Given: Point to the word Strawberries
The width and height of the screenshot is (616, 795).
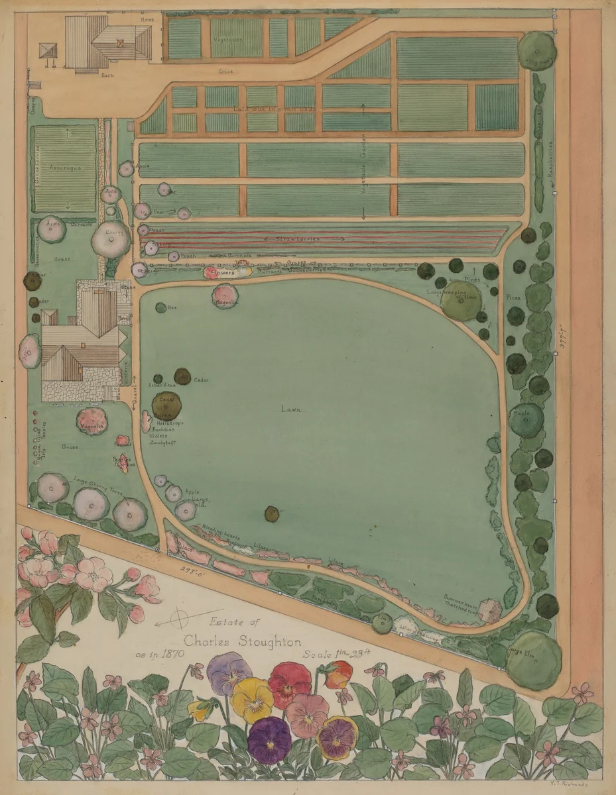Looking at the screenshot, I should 298,238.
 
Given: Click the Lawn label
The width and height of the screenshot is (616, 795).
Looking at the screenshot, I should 290,409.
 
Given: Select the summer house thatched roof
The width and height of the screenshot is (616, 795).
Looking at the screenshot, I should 490,610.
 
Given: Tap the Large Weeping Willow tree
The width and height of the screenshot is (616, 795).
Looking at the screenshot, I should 460,300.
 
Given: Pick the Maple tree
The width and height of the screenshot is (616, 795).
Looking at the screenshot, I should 526,420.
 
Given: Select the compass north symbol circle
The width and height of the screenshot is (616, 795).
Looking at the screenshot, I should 180,621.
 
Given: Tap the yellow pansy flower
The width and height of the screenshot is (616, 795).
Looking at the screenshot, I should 251,700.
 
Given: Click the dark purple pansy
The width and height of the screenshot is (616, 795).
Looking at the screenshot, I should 269,739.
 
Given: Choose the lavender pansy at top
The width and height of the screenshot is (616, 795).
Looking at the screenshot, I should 229,672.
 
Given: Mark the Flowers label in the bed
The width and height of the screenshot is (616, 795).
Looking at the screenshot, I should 219,272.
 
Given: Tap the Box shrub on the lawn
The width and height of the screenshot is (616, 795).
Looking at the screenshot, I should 160,307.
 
